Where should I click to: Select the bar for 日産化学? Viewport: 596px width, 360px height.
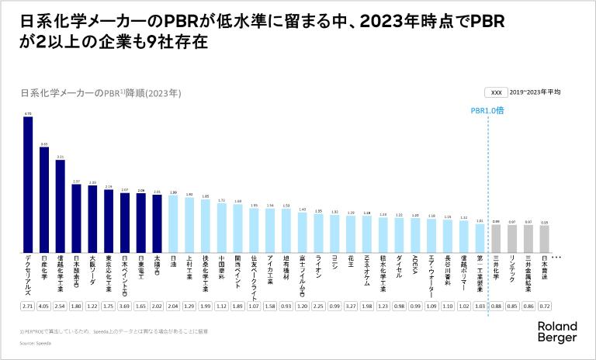click(x=44, y=199)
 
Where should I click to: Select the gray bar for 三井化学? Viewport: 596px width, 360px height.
click(x=495, y=238)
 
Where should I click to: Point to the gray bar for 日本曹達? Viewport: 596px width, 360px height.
click(x=544, y=239)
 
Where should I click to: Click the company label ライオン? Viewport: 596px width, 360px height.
click(x=318, y=268)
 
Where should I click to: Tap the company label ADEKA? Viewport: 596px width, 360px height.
click(x=415, y=268)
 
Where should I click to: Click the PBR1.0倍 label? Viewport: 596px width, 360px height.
click(x=488, y=111)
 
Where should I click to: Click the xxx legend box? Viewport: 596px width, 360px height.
click(x=497, y=92)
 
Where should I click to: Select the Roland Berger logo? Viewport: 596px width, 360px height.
click(x=557, y=333)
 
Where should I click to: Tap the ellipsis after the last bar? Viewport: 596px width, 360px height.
click(x=566, y=257)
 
